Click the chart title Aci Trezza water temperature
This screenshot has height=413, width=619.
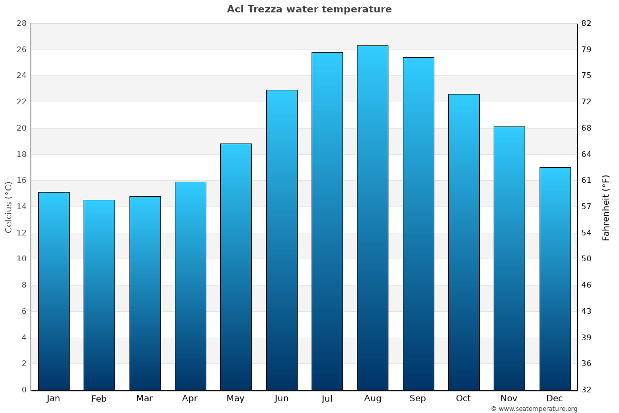click(309, 9)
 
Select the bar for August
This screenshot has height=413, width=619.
click(372, 217)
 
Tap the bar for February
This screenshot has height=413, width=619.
click(99, 295)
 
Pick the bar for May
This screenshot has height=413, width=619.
click(236, 266)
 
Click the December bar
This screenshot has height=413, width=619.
click(555, 278)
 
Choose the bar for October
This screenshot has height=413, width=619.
click(464, 242)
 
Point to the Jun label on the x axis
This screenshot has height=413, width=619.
click(282, 399)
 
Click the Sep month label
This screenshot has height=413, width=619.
click(418, 399)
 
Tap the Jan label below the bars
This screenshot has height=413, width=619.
click(54, 399)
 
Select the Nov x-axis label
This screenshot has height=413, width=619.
click(509, 399)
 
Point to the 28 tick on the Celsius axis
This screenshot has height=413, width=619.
click(21, 24)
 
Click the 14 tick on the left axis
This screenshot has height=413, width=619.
click(21, 206)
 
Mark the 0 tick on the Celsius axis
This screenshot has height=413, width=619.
click(24, 390)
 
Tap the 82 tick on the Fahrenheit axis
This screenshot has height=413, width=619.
click(587, 24)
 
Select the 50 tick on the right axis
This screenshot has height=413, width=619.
click(587, 259)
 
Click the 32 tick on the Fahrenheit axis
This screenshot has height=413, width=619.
click(587, 390)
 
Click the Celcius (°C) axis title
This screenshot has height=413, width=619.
click(8, 206)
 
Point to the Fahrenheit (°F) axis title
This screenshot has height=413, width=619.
click(606, 207)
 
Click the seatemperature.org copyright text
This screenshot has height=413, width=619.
click(534, 409)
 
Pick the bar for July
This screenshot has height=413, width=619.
click(327, 221)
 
